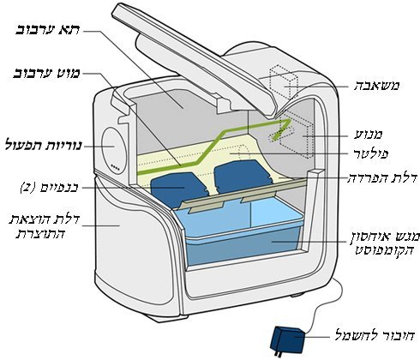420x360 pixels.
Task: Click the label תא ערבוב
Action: coord(48,30)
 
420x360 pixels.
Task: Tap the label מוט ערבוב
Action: coord(47,75)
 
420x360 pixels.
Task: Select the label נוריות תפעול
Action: coord(44,146)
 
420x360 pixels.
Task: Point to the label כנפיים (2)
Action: coord(49,188)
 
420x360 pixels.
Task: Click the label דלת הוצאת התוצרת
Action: coord(44,226)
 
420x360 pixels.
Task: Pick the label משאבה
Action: coord(376,86)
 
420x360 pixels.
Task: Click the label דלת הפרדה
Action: coord(382,177)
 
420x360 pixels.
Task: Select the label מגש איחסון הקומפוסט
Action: coord(385,243)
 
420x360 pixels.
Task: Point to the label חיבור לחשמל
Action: coord(375,335)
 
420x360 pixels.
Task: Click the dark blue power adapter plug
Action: coord(288,340)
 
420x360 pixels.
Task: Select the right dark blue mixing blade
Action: coord(243,175)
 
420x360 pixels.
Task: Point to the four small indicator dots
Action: coord(115,168)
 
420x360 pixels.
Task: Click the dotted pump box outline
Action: coord(284,83)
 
